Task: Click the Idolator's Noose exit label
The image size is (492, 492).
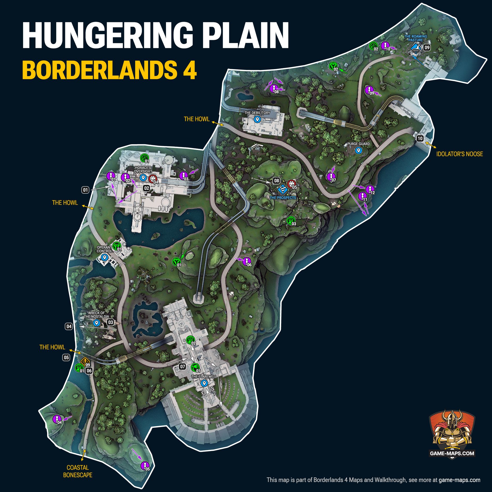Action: (459, 154)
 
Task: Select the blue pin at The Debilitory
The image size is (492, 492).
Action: (257, 119)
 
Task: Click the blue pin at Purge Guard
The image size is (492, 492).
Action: (358, 150)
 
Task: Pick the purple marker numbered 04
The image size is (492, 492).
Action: (57, 419)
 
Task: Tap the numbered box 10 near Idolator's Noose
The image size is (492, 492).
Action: (420, 139)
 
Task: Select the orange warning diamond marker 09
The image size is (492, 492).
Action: (85, 361)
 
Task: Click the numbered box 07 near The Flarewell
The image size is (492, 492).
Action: (183, 366)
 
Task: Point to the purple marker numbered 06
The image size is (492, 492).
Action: (246, 261)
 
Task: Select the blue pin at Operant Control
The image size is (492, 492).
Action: (105, 257)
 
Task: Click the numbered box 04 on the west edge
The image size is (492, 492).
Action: (69, 326)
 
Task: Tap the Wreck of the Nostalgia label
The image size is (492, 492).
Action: (96, 315)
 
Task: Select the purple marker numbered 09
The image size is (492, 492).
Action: (369, 90)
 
